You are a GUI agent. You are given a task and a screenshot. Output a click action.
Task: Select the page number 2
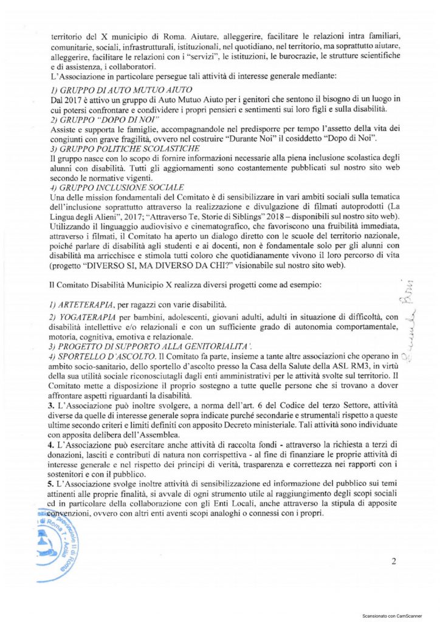[x=394, y=561]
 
